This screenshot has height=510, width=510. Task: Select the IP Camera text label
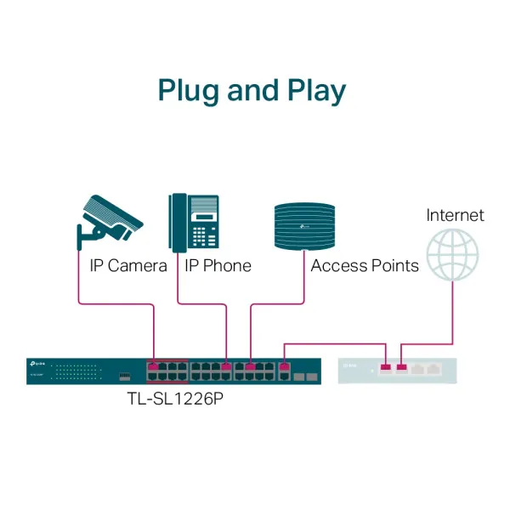click(128, 266)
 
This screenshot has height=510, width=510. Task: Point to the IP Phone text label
click(218, 266)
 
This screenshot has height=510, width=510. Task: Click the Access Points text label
click(365, 266)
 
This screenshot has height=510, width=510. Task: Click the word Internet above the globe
click(455, 215)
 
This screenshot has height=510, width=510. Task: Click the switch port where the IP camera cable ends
click(153, 367)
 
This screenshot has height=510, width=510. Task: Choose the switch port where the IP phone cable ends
click(226, 367)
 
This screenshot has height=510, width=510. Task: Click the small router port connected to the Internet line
click(402, 368)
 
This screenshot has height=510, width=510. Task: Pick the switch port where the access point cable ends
click(250, 367)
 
